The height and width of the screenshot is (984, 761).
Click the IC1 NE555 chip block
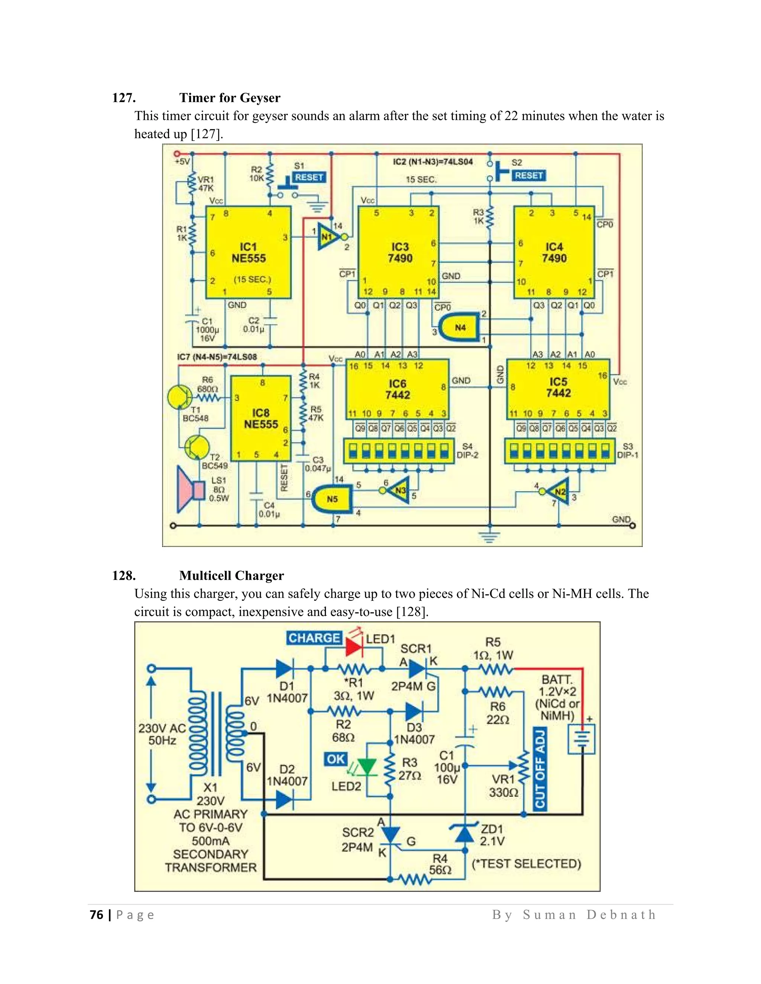coord(249,252)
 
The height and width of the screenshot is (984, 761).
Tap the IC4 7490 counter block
coord(554,252)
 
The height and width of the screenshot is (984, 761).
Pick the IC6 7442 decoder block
coord(397,389)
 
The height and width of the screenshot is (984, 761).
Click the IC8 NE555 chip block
coord(260,418)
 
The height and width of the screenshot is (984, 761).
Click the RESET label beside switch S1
coord(309,177)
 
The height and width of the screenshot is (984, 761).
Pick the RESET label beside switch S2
coord(529,175)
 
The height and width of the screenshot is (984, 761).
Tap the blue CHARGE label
coord(314,638)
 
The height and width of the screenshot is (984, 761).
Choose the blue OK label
coord(336,759)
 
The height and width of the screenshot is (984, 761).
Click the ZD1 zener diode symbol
coord(464,834)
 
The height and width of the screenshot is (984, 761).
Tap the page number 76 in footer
coord(96,915)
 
